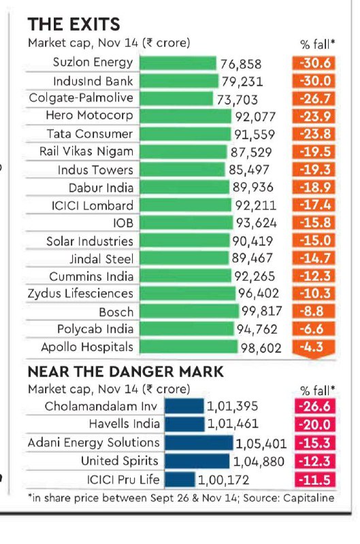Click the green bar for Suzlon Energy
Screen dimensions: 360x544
(178, 63)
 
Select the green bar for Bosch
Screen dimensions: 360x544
(189, 311)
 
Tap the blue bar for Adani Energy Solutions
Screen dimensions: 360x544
(199, 443)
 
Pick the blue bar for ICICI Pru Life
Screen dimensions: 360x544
(180, 479)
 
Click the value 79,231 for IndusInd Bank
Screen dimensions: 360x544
(242, 82)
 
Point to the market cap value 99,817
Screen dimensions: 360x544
(262, 311)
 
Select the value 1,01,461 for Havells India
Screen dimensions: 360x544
(233, 424)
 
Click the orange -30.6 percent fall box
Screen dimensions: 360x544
(314, 63)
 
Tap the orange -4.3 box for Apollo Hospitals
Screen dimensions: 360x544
(314, 348)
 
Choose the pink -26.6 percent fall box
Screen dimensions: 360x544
(315, 406)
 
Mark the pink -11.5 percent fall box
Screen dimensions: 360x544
(315, 480)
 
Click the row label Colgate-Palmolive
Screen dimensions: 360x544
(81, 98)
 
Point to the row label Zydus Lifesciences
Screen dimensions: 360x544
(80, 294)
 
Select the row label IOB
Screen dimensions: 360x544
(123, 223)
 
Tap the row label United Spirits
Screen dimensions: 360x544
(119, 461)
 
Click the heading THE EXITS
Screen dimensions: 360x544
(74, 24)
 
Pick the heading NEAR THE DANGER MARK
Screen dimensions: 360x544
(125, 372)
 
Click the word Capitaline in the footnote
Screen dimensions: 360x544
(309, 498)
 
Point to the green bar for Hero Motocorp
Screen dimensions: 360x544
(185, 116)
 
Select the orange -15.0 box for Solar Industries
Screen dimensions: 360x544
(314, 241)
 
